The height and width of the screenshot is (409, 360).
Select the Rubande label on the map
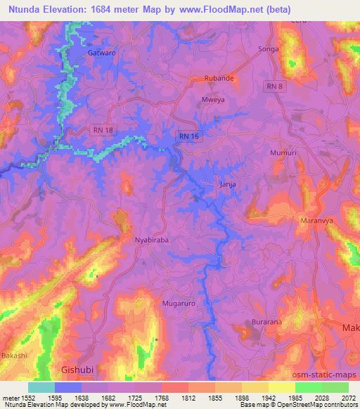click(219, 79)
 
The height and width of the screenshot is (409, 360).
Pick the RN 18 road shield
click(103, 130)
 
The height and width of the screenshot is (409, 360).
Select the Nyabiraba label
click(152, 240)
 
